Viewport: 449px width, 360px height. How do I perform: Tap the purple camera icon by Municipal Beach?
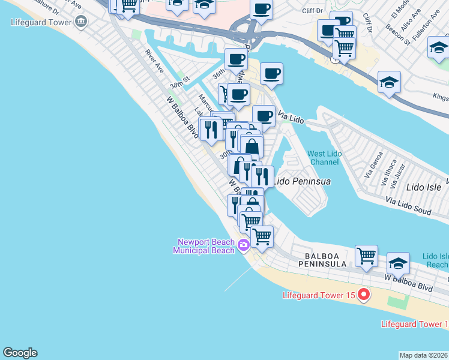coord(244,245)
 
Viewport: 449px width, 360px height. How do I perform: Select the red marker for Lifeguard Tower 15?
coord(363,295)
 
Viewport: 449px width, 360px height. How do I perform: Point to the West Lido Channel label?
coord(325,158)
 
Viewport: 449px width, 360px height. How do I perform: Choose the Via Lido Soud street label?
coord(408,206)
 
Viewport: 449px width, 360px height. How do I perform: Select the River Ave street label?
coord(154,61)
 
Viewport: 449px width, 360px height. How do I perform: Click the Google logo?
coord(20,353)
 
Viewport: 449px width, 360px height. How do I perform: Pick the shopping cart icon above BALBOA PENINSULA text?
coord(366,256)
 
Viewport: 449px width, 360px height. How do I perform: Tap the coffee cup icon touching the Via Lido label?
coord(264,115)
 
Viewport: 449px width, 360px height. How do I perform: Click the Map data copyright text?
coord(424,355)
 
